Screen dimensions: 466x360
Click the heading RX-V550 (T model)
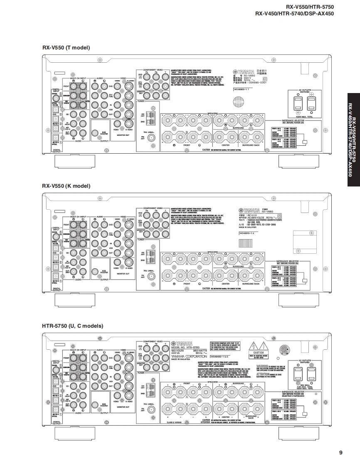click(x=66, y=48)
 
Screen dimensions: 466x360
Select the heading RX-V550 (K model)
click(x=66, y=186)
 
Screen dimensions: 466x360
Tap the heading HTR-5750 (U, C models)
click(x=72, y=326)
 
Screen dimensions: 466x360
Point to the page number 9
click(x=340, y=452)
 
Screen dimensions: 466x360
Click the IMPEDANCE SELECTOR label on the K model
click(x=288, y=262)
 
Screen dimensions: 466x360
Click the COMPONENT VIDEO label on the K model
click(x=153, y=208)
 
